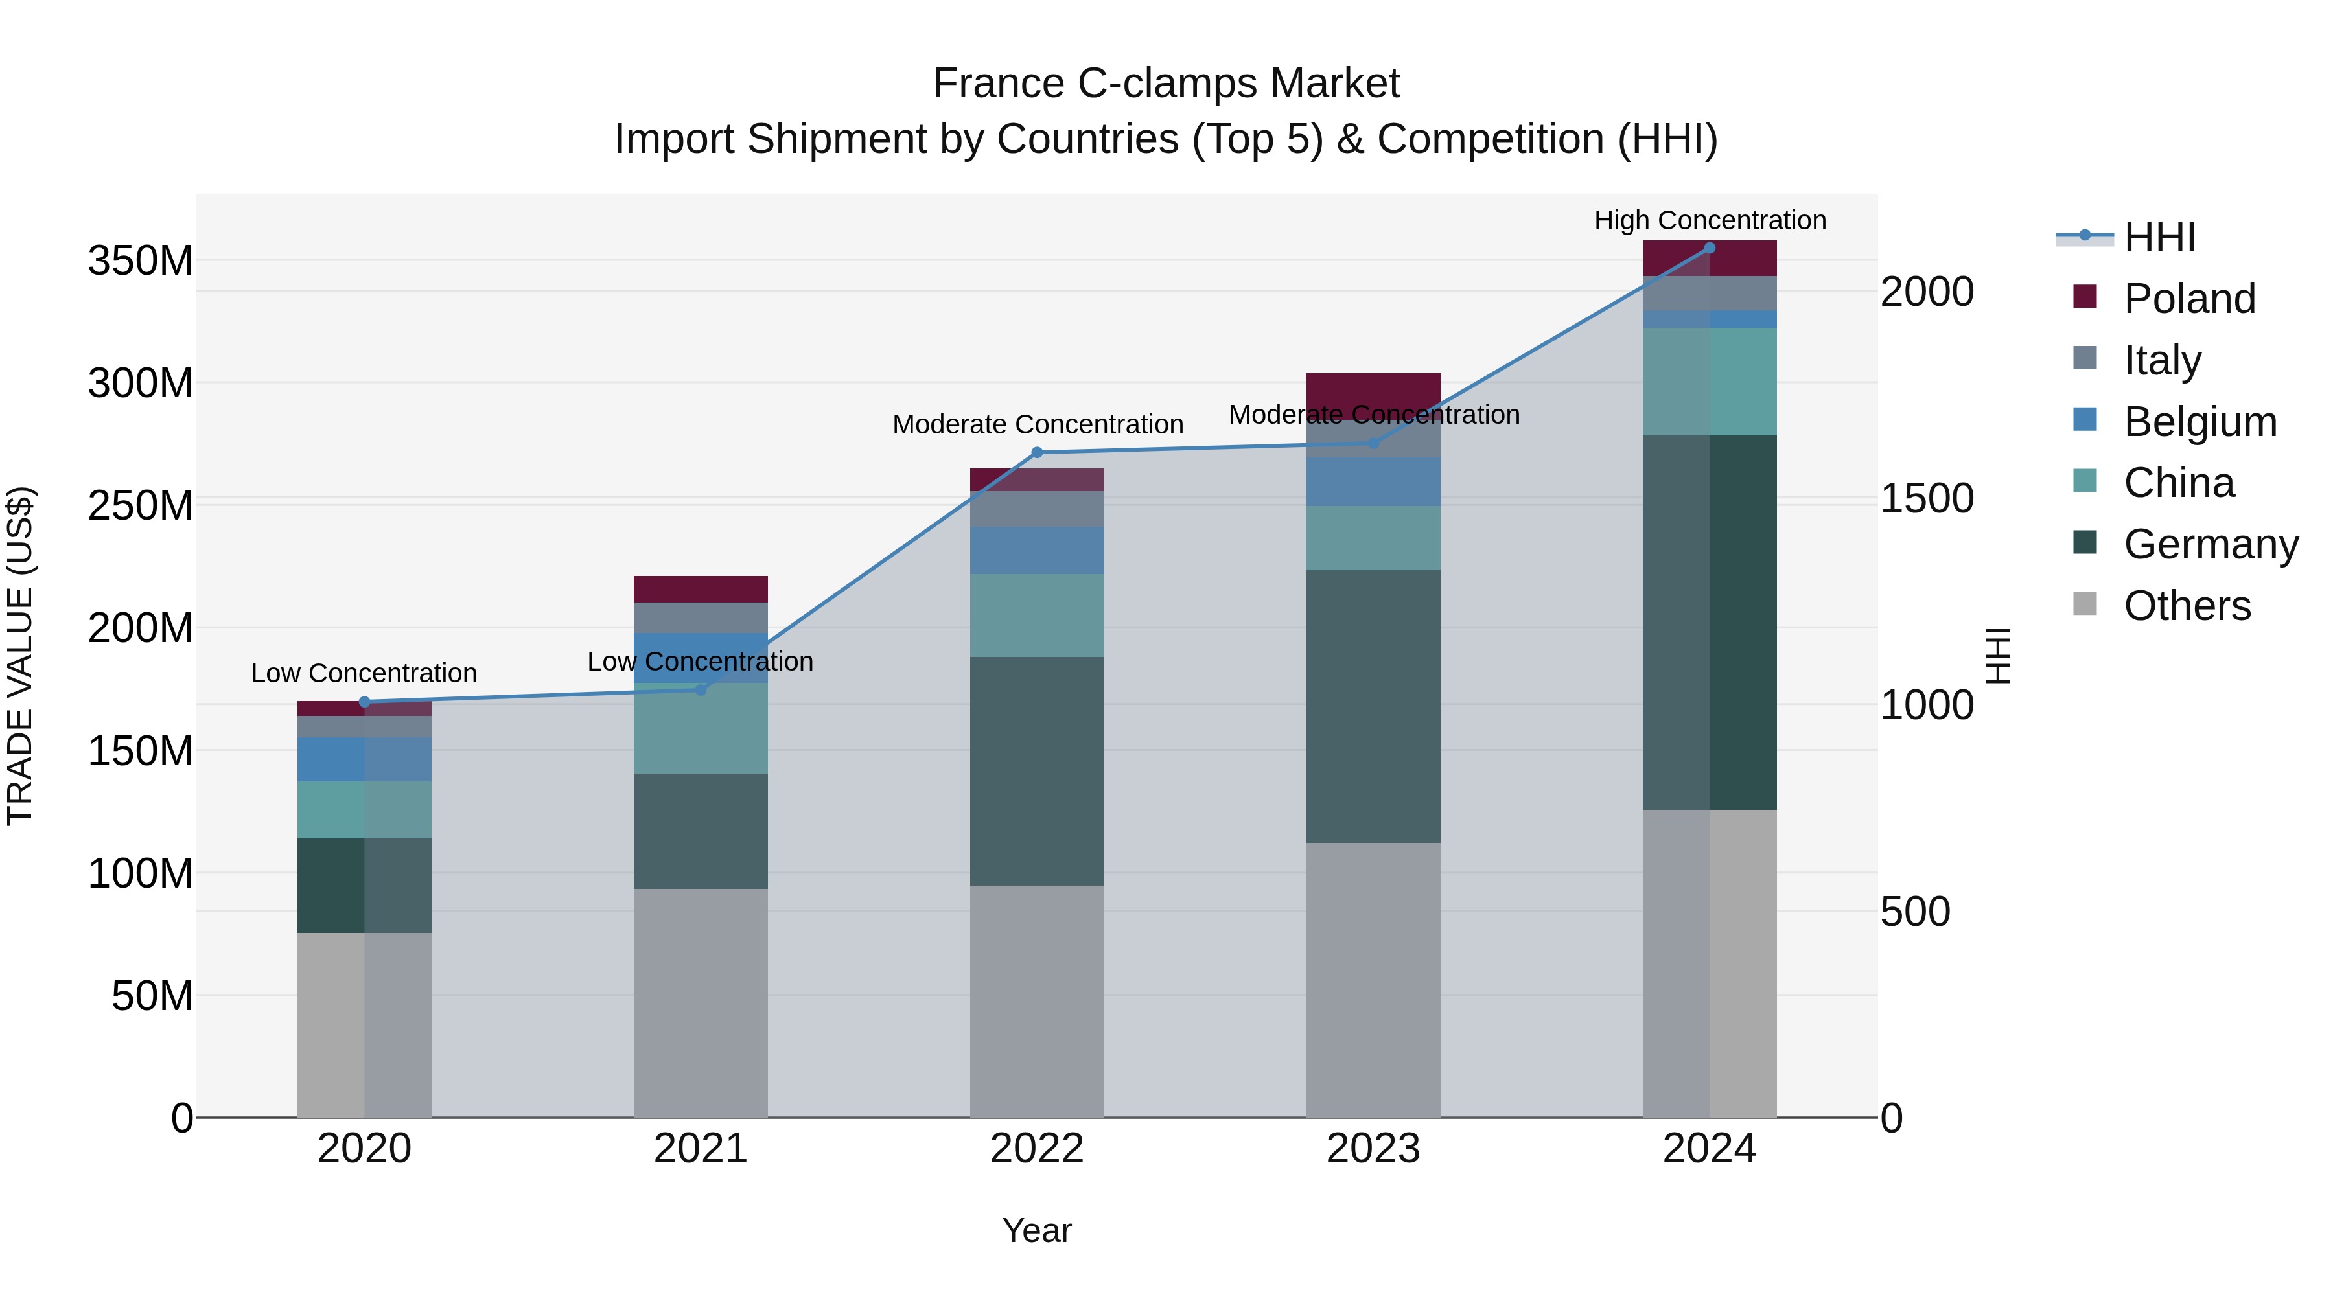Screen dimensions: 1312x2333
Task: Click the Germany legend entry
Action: [x=2210, y=544]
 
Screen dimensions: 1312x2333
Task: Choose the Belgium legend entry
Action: [x=2199, y=422]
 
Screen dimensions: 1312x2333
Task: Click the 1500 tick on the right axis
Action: [x=1927, y=499]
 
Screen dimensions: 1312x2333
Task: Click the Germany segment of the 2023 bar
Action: [x=1373, y=706]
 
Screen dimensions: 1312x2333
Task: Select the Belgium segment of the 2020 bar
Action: [x=364, y=759]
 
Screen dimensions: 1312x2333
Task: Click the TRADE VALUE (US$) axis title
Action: [x=20, y=656]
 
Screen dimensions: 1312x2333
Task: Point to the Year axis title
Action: [x=1036, y=1230]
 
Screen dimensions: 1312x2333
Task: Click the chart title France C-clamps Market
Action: [x=1166, y=84]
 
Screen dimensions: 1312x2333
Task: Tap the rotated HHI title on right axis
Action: [x=1998, y=656]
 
